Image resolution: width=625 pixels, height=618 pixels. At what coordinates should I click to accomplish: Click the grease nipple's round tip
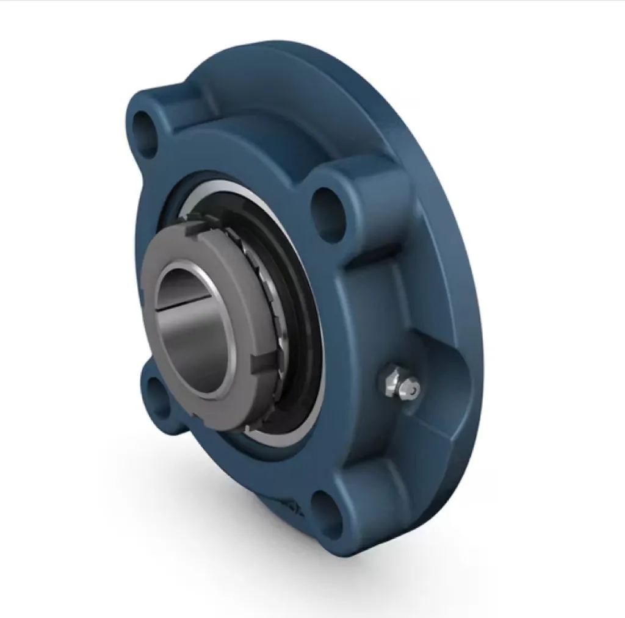[414, 388]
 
